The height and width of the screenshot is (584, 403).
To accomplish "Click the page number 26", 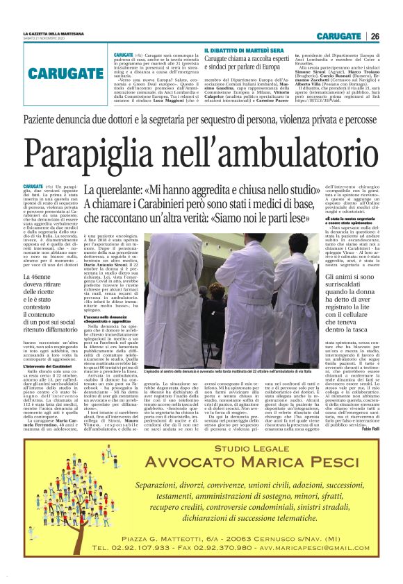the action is point(375,36).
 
